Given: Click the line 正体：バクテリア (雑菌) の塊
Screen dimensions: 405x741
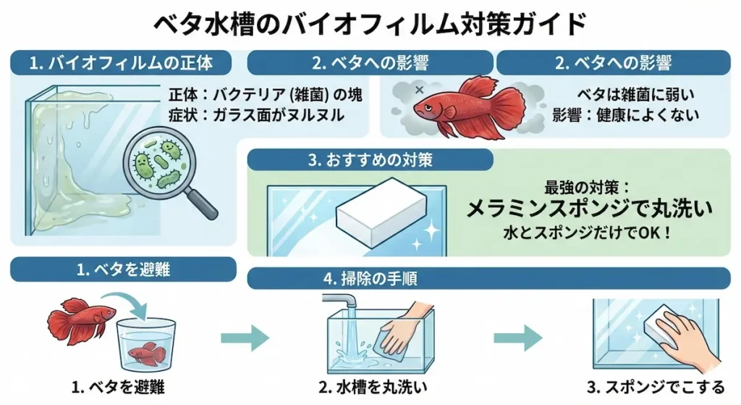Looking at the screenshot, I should [x=265, y=95].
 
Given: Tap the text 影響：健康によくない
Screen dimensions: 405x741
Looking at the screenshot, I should [x=625, y=115].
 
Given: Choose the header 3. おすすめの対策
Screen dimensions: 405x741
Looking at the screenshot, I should [x=370, y=160].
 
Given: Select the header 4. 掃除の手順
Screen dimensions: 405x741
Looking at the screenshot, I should [x=370, y=277].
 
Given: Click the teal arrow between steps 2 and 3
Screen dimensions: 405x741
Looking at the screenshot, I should [x=518, y=337].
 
